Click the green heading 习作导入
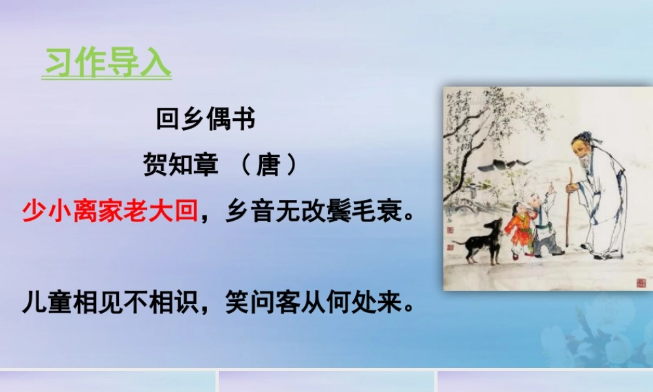(107, 63)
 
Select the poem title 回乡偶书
(206, 120)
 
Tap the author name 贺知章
(180, 165)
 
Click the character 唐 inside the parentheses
(268, 165)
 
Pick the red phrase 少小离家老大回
(110, 212)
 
